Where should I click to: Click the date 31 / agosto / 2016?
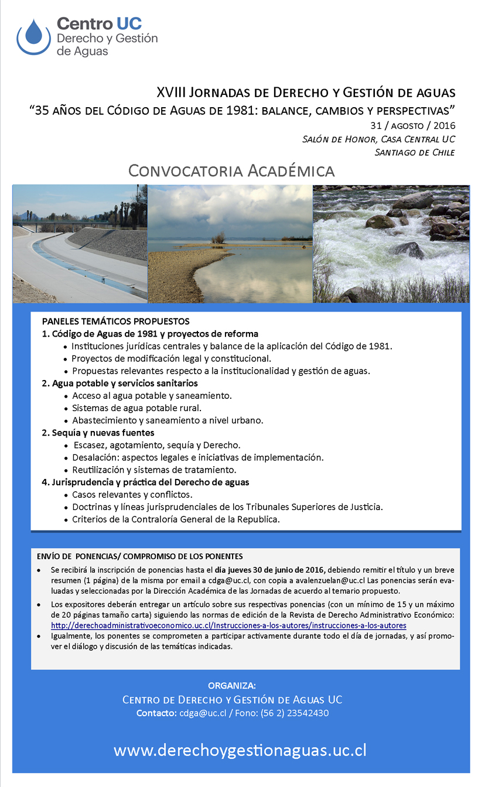(412, 125)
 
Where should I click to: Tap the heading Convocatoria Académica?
(231, 171)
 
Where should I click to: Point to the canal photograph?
(80, 244)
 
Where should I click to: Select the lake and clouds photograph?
(230, 244)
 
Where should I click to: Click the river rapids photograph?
(391, 244)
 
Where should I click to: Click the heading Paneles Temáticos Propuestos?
(116, 321)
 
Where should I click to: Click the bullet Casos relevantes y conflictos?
(132, 495)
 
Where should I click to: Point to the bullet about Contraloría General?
(176, 519)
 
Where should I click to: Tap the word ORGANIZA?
(232, 686)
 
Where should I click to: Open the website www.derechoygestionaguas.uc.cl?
(240, 751)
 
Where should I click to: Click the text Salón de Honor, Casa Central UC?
(378, 139)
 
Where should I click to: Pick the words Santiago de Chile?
(415, 152)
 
